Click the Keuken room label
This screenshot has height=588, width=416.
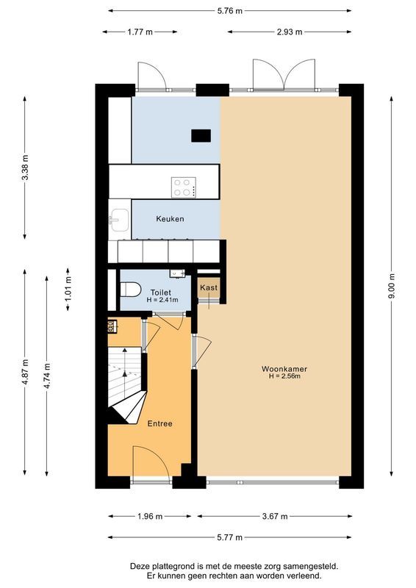(x=170, y=219)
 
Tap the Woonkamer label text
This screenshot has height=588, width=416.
(x=284, y=368)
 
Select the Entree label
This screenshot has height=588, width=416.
(x=160, y=423)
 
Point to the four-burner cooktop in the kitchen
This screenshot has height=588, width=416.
(x=184, y=187)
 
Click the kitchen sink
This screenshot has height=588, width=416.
(x=118, y=219)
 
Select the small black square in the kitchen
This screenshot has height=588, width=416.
(x=201, y=135)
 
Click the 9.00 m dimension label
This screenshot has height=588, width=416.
(x=392, y=286)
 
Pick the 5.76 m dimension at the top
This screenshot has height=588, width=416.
(x=229, y=11)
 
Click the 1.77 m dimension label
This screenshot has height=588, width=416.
(x=140, y=32)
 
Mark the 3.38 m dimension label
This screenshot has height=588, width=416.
(x=25, y=168)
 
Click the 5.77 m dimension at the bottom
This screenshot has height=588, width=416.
(x=229, y=537)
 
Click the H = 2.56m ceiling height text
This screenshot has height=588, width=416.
(x=284, y=377)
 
